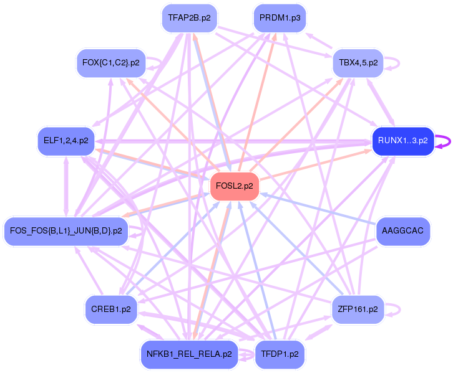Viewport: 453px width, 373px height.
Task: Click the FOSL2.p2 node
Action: click(235, 186)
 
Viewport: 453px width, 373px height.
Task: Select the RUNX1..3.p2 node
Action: click(402, 141)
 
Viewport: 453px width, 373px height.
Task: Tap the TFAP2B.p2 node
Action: click(189, 18)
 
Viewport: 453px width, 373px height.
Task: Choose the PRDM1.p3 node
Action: click(280, 18)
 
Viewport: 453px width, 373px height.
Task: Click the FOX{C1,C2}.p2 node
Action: click(111, 63)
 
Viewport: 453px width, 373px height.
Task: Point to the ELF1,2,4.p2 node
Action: click(66, 141)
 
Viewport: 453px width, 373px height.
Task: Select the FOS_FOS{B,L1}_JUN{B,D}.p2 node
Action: click(66, 231)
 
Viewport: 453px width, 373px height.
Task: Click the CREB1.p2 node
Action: click(111, 309)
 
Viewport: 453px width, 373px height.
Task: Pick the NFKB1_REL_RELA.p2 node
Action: click(189, 354)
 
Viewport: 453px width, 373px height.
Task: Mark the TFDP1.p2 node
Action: click(280, 354)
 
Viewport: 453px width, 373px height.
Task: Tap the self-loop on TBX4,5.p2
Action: click(393, 63)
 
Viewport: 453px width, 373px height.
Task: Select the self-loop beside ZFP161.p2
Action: click(393, 309)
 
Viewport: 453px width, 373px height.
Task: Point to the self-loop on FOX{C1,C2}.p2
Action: click(155, 62)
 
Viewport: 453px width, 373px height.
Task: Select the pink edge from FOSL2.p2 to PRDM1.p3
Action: click(256, 106)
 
